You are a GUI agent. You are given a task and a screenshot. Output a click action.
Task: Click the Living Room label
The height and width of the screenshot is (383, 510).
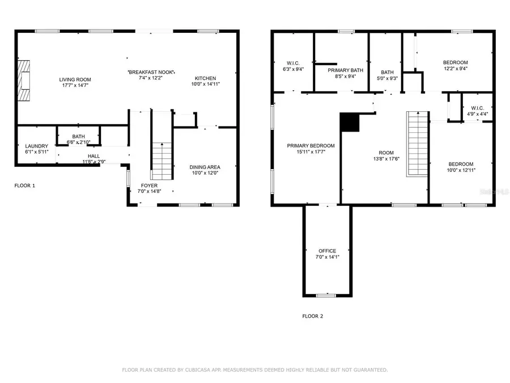click(75, 79)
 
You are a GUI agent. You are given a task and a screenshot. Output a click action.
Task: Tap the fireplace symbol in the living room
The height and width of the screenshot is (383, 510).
click(23, 80)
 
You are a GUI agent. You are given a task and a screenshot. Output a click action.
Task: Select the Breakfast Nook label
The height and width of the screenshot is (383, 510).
click(151, 72)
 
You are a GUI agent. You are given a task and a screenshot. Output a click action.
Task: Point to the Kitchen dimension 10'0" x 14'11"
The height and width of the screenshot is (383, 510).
click(205, 84)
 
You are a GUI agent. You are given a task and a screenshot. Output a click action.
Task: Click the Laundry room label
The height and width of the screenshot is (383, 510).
click(36, 146)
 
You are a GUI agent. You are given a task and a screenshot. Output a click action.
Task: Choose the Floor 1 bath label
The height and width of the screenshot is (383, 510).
click(78, 136)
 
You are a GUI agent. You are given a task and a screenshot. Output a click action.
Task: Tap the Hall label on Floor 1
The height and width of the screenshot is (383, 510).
click(93, 156)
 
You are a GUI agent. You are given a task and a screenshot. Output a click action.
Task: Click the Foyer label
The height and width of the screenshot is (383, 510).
click(150, 186)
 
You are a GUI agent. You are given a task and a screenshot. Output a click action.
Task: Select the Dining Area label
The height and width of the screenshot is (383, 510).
click(205, 167)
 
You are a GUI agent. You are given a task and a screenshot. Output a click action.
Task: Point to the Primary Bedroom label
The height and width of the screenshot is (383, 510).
click(311, 146)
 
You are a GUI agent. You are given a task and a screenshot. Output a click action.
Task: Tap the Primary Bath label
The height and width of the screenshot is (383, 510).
click(341, 69)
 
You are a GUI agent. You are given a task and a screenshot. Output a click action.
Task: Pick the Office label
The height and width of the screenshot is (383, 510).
click(327, 251)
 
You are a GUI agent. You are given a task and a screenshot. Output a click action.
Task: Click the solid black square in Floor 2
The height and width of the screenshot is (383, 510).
click(349, 122)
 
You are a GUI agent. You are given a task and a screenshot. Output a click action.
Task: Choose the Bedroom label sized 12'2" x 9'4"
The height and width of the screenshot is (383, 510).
click(455, 62)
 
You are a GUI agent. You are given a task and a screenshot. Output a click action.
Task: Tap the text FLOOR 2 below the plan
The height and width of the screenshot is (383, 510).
click(312, 316)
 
